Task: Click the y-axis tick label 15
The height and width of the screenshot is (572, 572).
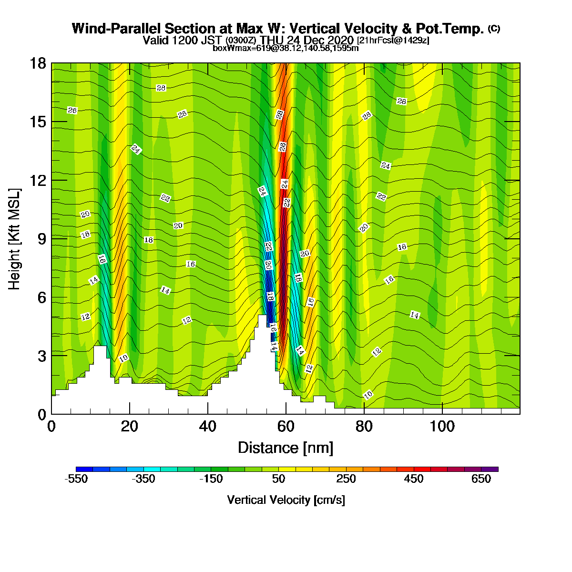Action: click(38, 122)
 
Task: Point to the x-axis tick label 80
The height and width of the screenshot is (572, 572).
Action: click(364, 427)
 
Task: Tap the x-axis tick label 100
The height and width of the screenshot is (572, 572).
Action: click(442, 427)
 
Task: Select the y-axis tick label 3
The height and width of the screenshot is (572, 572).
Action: click(42, 356)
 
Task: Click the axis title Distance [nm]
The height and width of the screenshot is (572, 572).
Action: click(286, 448)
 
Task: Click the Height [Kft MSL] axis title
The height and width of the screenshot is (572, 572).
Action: click(14, 239)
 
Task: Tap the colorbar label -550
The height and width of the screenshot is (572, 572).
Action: click(76, 479)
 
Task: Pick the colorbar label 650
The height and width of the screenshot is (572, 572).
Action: click(481, 479)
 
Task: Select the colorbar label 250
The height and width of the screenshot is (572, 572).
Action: click(346, 479)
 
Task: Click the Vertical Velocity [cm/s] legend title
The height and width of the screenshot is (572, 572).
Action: click(286, 500)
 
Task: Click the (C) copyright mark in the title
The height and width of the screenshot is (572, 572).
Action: click(494, 29)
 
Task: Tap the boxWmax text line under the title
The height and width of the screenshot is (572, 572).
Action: click(286, 48)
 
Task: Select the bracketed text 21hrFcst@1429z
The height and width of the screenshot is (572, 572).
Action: click(393, 40)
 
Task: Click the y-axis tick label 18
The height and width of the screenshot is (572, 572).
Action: click(38, 63)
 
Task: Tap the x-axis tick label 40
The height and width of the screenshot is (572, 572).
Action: click(207, 427)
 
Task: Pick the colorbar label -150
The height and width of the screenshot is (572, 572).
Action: click(211, 479)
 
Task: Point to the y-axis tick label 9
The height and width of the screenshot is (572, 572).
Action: click(42, 239)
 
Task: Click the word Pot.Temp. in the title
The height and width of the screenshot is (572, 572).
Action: click(449, 29)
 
